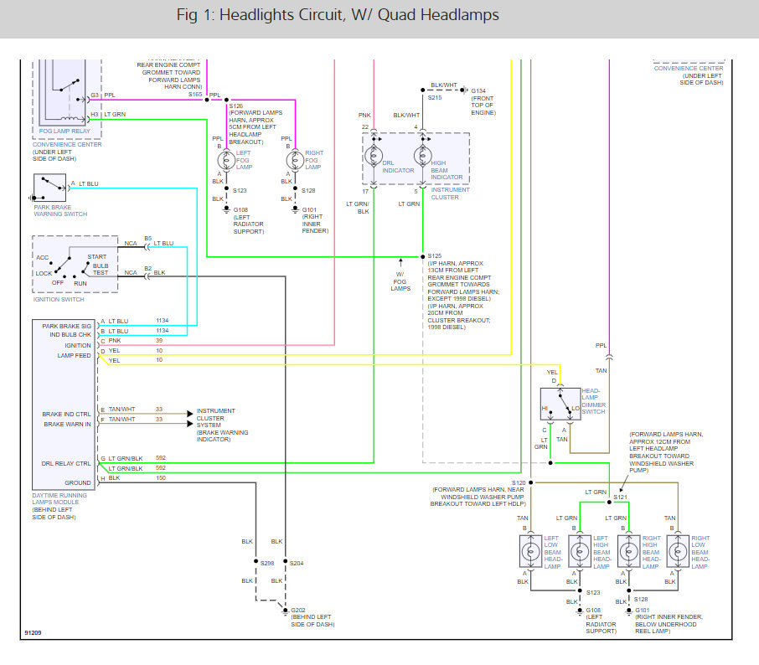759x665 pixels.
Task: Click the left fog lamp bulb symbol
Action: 226,160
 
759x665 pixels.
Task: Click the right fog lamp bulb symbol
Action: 295,160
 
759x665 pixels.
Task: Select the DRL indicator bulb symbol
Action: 373,156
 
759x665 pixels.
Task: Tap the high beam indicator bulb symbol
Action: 422,156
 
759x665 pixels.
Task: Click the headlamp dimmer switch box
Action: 560,404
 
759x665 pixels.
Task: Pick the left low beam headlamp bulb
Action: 530,551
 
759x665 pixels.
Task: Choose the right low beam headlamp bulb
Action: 678,551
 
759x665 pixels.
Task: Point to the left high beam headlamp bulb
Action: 580,551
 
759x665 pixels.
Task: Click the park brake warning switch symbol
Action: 50,188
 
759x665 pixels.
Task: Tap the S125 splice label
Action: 434,256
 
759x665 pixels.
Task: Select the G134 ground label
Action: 478,91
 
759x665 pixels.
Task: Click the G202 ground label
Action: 297,611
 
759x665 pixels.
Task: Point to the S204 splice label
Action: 297,564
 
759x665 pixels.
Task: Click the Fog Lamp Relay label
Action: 65,131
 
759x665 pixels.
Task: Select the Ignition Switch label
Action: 59,300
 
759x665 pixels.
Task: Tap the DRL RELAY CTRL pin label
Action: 66,464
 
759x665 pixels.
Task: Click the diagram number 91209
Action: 33,632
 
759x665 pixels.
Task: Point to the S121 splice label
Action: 620,497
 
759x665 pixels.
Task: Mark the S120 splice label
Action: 519,483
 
